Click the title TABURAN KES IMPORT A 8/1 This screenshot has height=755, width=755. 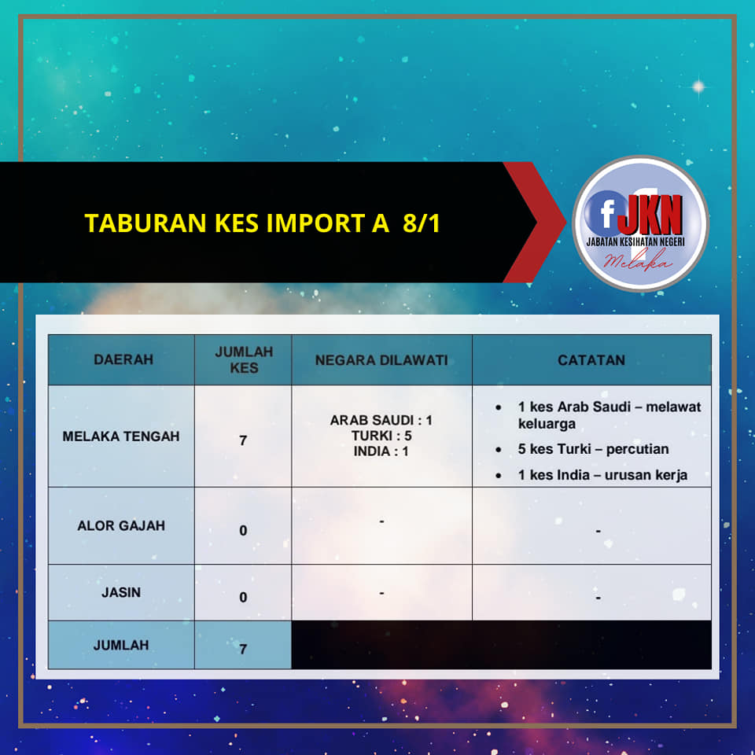click(263, 223)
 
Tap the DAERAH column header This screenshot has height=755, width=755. click(123, 359)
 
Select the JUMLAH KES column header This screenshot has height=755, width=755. click(244, 359)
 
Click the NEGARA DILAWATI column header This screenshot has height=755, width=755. click(381, 360)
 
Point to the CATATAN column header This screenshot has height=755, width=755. click(591, 360)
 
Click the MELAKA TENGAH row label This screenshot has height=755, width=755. click(121, 436)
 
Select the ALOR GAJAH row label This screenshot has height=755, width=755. click(121, 525)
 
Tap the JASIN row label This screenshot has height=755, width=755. click(121, 592)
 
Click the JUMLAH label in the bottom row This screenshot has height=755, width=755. click(121, 645)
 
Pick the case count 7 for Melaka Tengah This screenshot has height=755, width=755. click(243, 440)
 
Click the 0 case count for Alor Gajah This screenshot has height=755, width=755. click(243, 531)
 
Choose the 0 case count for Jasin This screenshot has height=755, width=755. click(243, 598)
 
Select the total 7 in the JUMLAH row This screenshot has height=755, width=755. click(243, 650)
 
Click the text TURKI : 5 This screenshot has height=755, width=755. click(381, 436)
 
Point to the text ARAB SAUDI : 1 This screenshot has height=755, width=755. click(381, 420)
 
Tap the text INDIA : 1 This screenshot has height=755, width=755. click(381, 451)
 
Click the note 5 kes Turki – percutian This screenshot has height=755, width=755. click(593, 449)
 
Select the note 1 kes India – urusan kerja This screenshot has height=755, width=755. click(602, 475)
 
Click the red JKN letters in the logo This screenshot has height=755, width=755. click(650, 215)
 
